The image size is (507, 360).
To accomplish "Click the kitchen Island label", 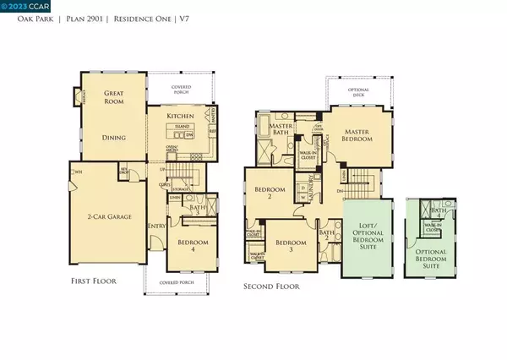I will tap(181, 129).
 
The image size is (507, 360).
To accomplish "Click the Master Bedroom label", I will tap(366, 136).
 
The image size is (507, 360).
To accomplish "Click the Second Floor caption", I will tap(273, 286).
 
